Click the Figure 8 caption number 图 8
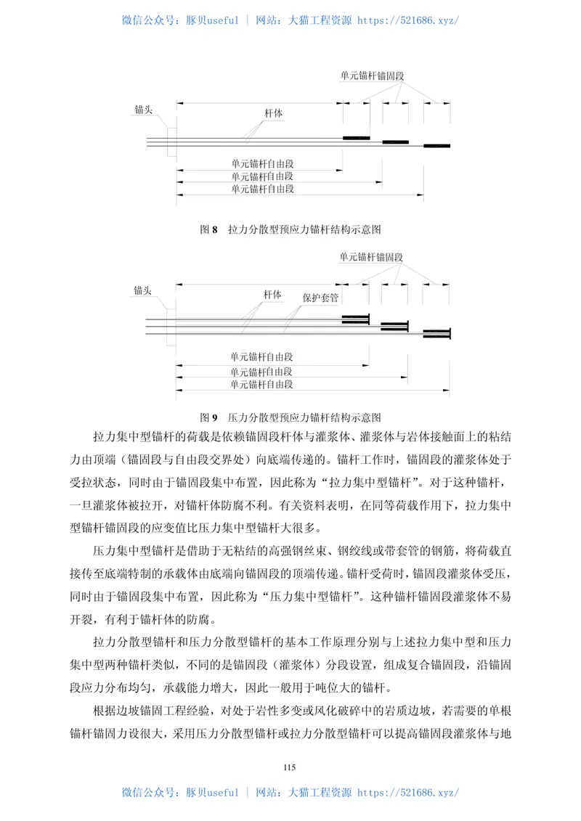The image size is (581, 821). pos(208,229)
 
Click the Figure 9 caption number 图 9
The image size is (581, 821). pos(208,417)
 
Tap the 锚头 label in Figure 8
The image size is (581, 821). pos(143,110)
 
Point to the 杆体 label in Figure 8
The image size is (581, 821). pos(273,114)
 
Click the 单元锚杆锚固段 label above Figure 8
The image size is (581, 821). pos(371,75)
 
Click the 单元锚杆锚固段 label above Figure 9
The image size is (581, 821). pos(371,257)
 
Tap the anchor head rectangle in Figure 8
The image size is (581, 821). pos(171,141)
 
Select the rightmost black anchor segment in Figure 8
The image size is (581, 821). pos(437,146)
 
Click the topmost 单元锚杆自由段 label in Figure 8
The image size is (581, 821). pos(261,164)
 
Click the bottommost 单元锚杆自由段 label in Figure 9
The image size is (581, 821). pos(261,384)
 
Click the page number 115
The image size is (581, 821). pos(290,767)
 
